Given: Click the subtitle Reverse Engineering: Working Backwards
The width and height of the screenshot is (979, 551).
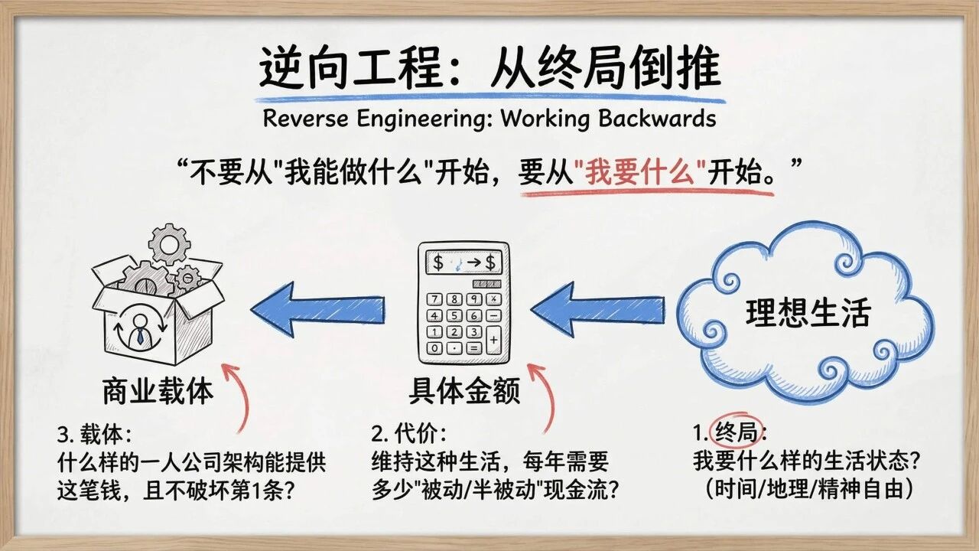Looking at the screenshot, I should tap(489, 119).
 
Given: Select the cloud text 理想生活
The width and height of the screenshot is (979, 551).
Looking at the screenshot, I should tap(808, 313).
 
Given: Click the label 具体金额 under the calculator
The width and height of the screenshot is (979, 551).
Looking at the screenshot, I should tap(464, 391).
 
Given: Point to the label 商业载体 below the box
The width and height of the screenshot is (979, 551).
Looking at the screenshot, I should tap(158, 391).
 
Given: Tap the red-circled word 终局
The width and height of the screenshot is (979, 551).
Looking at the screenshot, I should tap(735, 434).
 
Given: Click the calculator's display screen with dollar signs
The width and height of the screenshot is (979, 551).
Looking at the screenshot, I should tap(463, 263).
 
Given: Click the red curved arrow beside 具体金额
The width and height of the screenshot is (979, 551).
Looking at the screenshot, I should tap(542, 398).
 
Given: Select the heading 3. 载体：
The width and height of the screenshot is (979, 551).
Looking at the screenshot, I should tap(95, 435).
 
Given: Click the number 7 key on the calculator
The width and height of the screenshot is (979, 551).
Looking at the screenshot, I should tap(435, 299).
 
